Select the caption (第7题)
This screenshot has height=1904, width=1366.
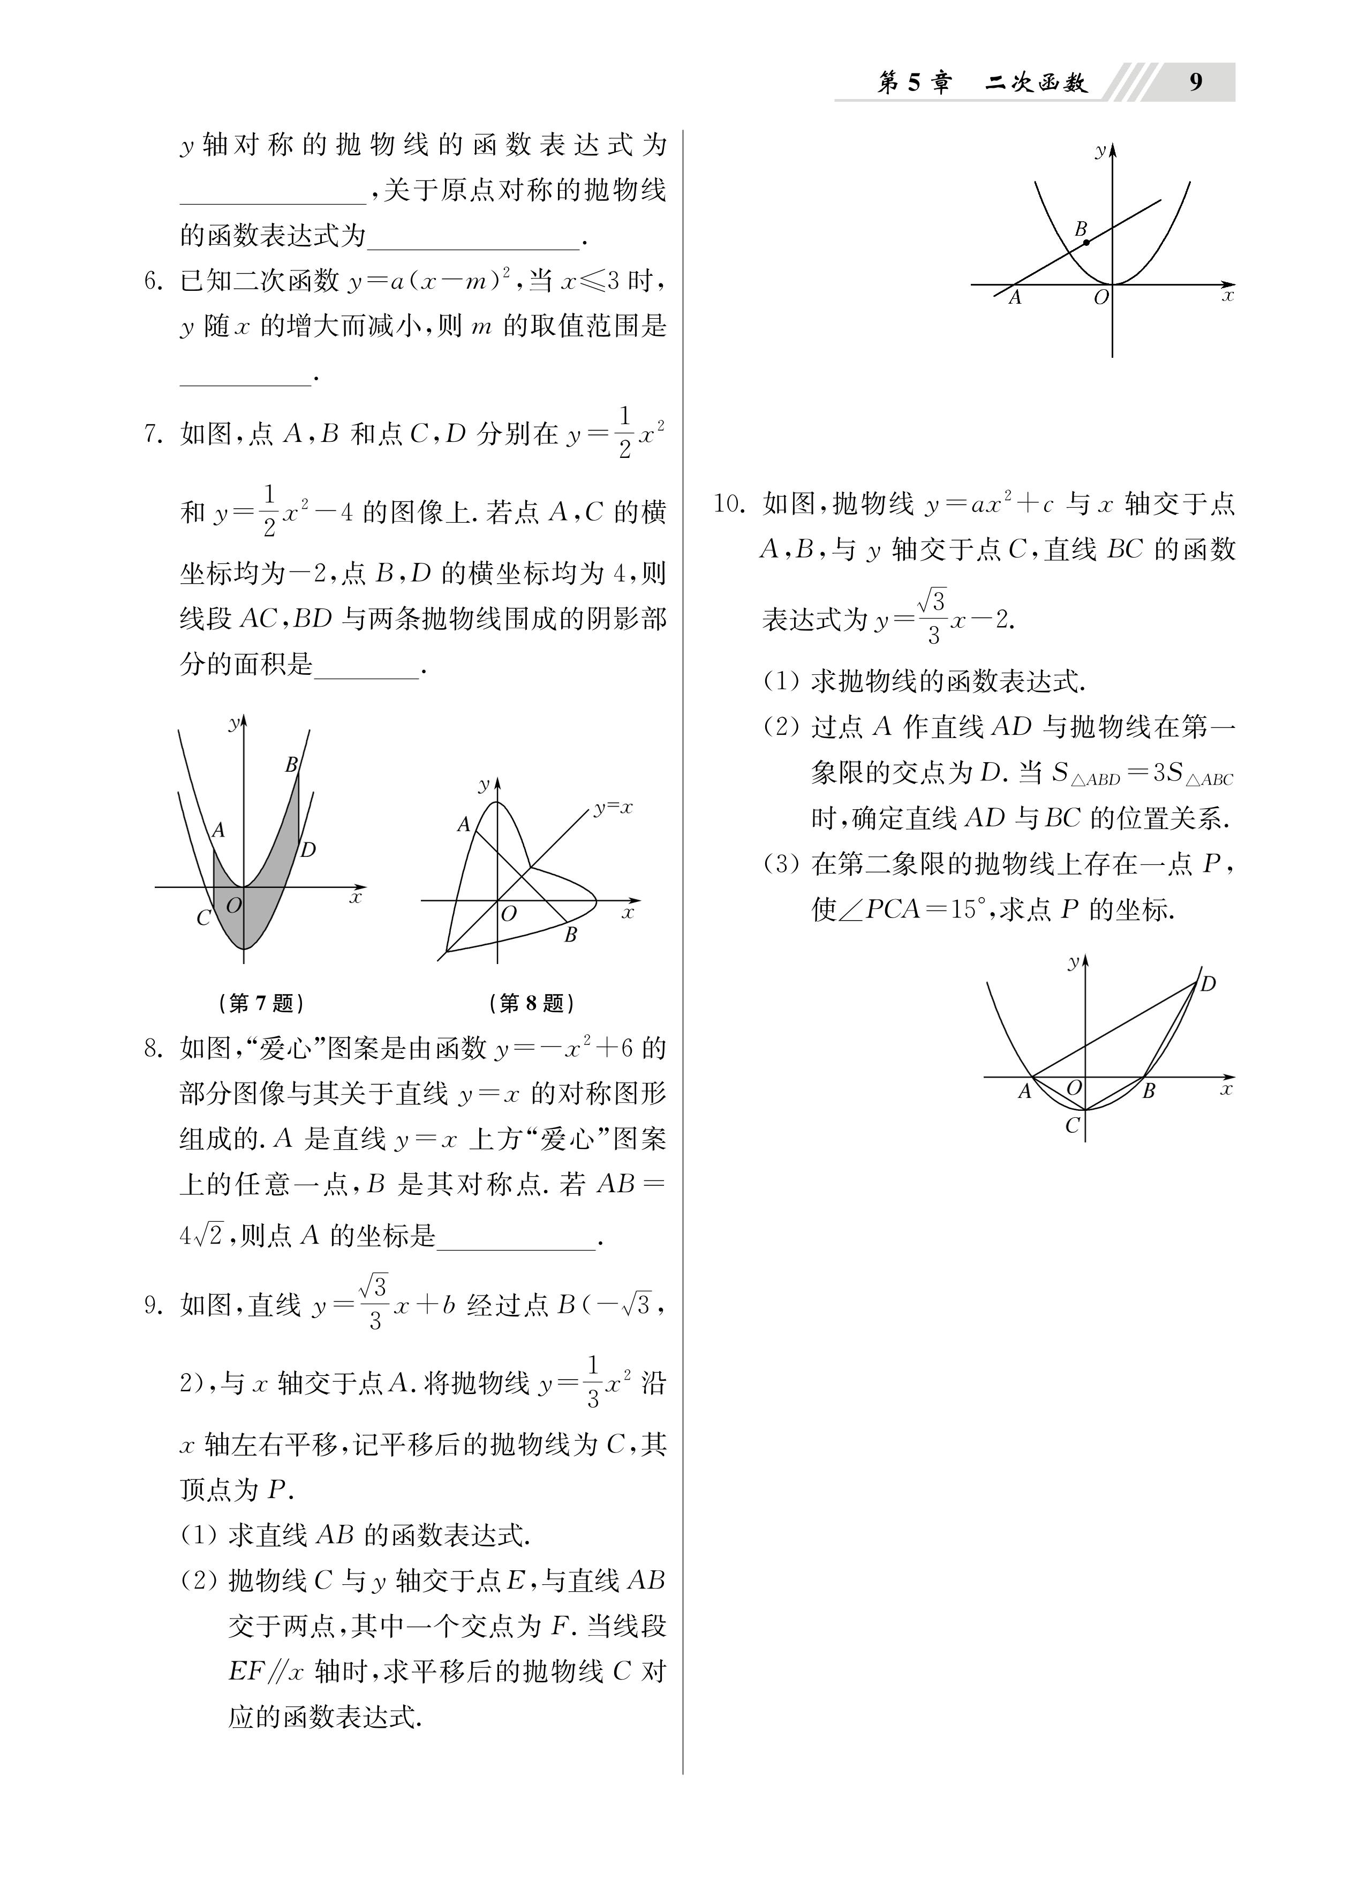coord(261,1003)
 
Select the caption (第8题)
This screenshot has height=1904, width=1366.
coord(531,1003)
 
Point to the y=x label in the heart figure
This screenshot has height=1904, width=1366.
coord(613,808)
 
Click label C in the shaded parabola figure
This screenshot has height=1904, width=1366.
coord(203,917)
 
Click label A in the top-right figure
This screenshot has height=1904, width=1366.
coord(1014,297)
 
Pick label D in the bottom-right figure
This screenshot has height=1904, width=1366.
coord(1207,984)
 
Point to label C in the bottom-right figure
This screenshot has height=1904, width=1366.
coord(1071,1126)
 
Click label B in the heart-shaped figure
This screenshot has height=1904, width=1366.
coord(570,935)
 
